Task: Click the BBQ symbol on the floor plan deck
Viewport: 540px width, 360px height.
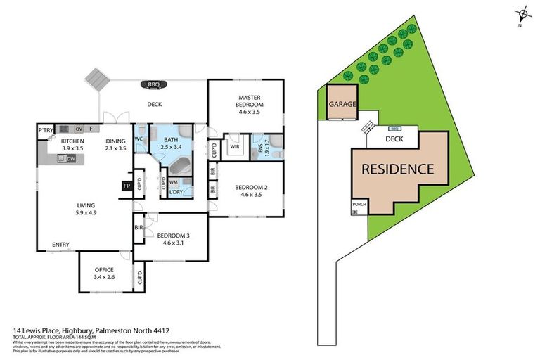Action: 154,85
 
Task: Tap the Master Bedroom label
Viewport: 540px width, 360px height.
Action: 250,101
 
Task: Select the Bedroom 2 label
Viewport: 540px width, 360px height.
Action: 250,187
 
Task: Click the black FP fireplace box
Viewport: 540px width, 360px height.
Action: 127,186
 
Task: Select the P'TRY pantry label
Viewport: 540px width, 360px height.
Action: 46,130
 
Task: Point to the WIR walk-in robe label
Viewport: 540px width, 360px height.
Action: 234,147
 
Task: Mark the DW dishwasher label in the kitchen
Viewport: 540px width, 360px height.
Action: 71,159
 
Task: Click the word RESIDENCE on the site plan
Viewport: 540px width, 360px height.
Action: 397,169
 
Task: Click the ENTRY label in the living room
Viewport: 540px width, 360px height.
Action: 60,245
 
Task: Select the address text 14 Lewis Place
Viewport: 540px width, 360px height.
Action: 42,329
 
